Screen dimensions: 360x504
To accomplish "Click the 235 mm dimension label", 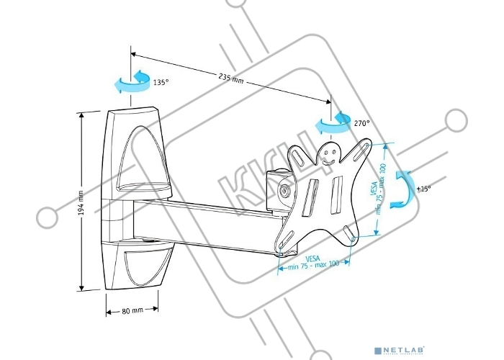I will (x=230, y=79).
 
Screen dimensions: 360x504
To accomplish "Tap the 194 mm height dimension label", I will (x=81, y=201).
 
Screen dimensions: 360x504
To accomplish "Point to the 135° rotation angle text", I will (x=161, y=82).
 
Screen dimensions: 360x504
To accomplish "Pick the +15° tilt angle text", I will (x=424, y=189).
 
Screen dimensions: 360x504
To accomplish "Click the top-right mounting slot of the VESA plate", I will (x=366, y=147).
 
